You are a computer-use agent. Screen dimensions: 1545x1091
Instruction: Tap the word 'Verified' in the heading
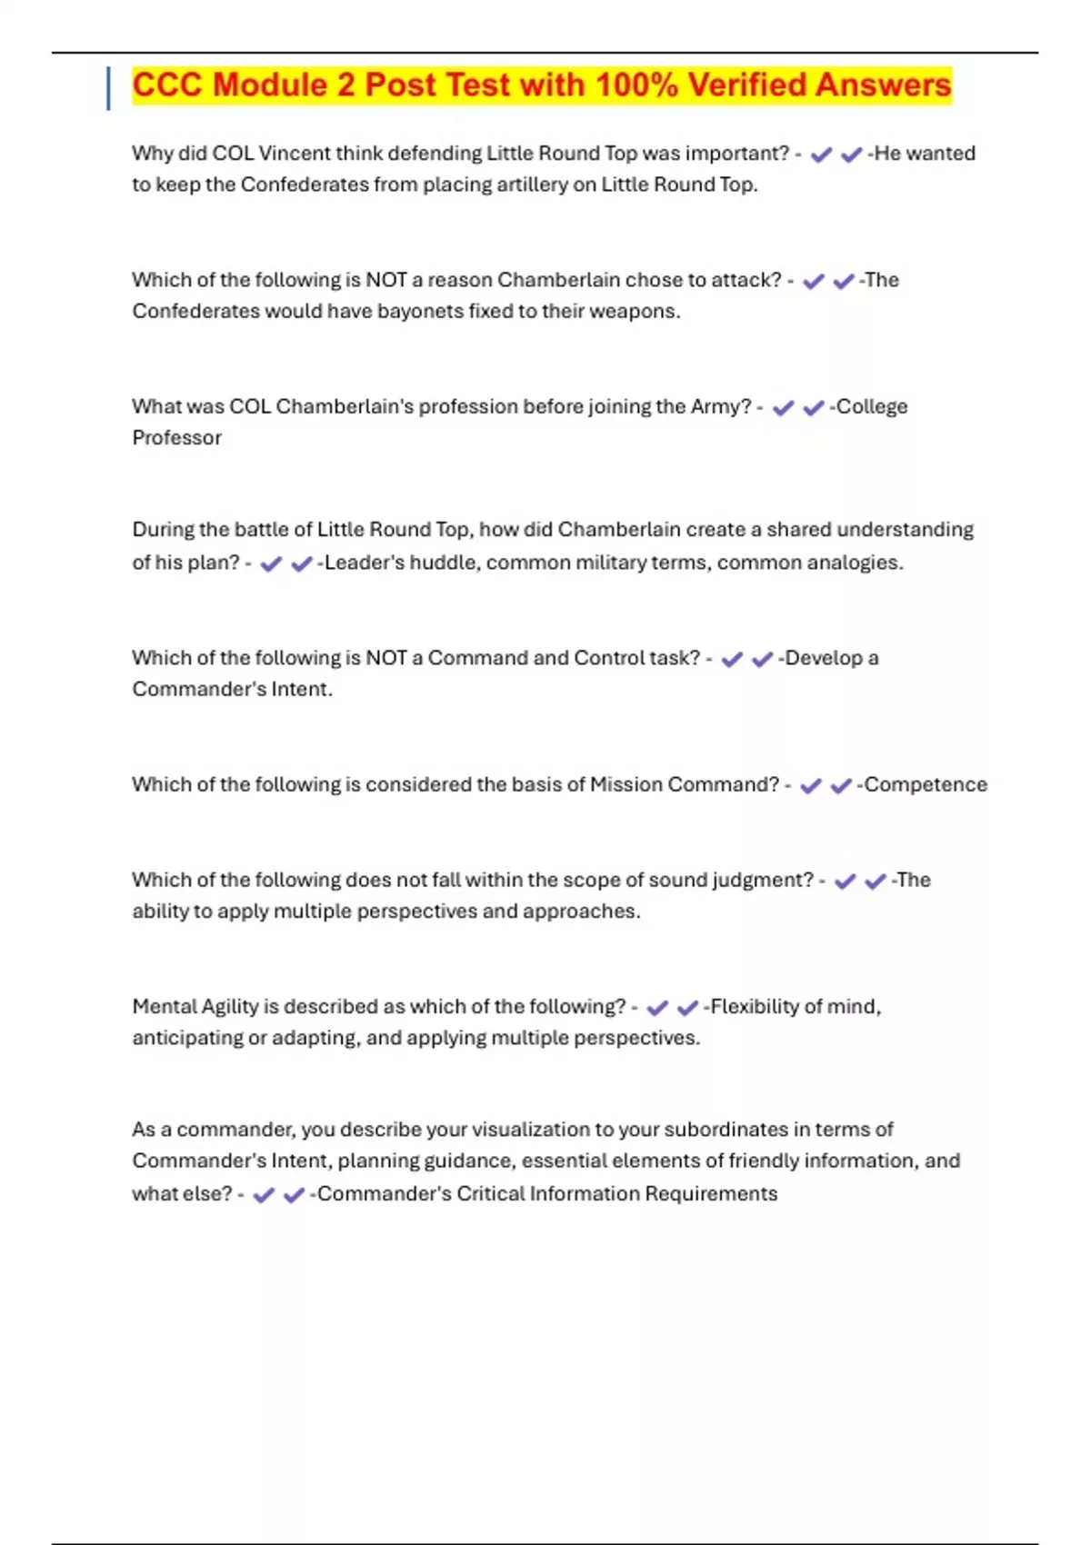click(x=746, y=85)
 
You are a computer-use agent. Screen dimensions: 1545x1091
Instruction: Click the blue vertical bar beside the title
click(x=109, y=88)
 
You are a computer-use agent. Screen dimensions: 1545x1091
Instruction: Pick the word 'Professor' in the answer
click(x=177, y=438)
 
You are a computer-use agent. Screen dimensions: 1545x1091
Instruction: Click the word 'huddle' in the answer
click(x=443, y=563)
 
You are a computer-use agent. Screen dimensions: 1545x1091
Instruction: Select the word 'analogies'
click(x=855, y=563)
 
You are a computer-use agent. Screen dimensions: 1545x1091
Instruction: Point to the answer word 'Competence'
click(x=925, y=784)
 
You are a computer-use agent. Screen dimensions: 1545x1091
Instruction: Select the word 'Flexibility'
click(x=754, y=1007)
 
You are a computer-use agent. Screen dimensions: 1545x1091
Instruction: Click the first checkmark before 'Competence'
click(x=810, y=786)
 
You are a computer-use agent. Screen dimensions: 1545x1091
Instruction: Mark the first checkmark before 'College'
click(x=783, y=409)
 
